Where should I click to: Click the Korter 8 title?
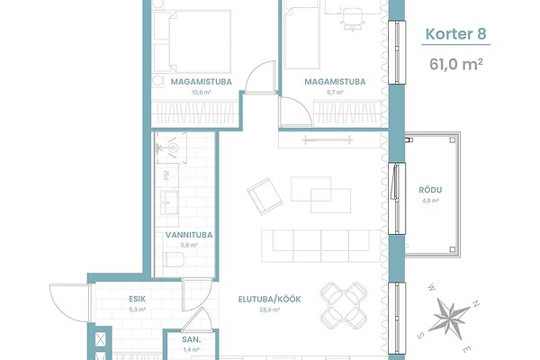(x=456, y=34)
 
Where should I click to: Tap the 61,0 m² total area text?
(x=456, y=64)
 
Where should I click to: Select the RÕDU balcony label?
(x=430, y=190)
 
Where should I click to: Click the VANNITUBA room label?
(x=189, y=235)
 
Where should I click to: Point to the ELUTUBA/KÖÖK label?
(x=270, y=299)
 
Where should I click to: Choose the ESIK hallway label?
(x=138, y=299)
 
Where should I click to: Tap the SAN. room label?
(x=192, y=339)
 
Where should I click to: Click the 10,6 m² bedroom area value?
(x=202, y=93)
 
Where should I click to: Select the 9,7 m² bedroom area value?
(x=335, y=93)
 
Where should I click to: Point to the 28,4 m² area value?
(x=270, y=310)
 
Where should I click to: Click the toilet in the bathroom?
(x=173, y=259)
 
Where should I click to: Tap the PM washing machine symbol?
(x=166, y=175)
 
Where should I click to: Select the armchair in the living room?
(x=265, y=196)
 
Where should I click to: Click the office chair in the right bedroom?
(x=353, y=18)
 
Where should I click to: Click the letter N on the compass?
(x=475, y=304)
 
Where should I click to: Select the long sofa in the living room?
(x=321, y=246)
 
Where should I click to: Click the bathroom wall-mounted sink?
(x=171, y=148)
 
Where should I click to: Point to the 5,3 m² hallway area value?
(x=138, y=310)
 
